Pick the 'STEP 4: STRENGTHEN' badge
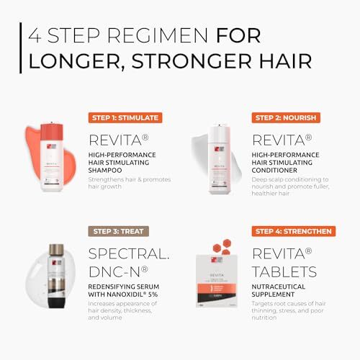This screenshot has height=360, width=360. [x=292, y=231]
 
